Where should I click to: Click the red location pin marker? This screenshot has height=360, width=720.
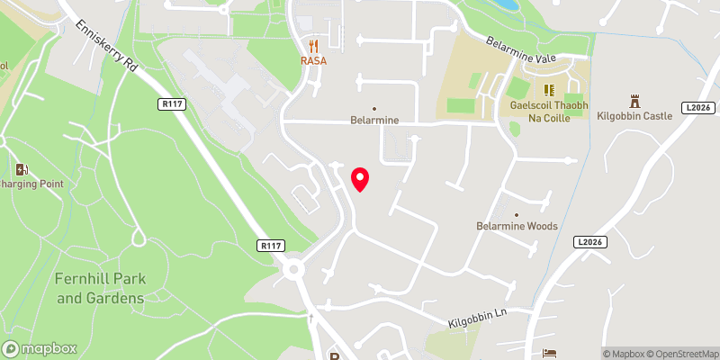click(360, 179)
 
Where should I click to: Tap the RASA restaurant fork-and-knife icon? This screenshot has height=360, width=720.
click(313, 46)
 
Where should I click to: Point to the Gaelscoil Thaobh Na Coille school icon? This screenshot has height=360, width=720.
click(547, 90)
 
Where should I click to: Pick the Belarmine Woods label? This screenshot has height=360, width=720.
click(517, 226)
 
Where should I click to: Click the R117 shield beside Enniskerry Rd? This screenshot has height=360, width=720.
click(171, 104)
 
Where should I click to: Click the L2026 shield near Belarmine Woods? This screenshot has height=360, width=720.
click(589, 242)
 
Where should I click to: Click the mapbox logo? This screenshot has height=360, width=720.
click(40, 348)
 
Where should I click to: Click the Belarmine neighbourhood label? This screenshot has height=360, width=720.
click(373, 120)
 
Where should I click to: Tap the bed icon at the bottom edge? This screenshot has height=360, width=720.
click(551, 355)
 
